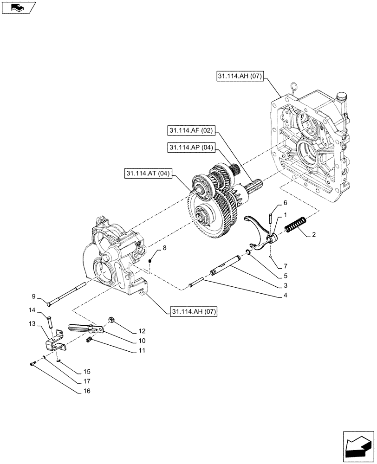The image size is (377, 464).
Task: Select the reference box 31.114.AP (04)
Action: (188, 148)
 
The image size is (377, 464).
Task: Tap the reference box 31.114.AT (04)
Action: (148, 174)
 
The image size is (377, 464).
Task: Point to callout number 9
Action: (34, 296)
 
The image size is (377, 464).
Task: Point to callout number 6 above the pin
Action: (286, 203)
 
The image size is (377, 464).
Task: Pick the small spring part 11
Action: (90, 341)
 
